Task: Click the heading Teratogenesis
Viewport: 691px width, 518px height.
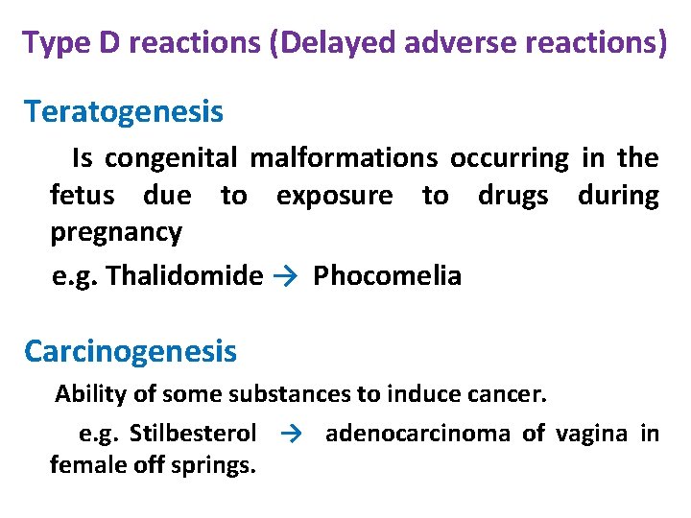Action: [124, 112]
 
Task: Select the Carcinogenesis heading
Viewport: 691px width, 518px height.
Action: [131, 351]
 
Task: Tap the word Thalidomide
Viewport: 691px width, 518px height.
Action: [184, 276]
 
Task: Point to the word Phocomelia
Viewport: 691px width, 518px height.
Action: [387, 276]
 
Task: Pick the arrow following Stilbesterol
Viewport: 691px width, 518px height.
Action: [293, 434]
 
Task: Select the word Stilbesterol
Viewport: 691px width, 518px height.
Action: [192, 434]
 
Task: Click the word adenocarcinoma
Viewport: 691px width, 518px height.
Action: [417, 434]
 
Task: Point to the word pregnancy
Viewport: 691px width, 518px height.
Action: [116, 233]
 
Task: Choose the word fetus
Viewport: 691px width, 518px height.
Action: [82, 196]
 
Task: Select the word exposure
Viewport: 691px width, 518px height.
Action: [334, 196]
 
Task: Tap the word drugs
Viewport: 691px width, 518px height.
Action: [513, 196]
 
